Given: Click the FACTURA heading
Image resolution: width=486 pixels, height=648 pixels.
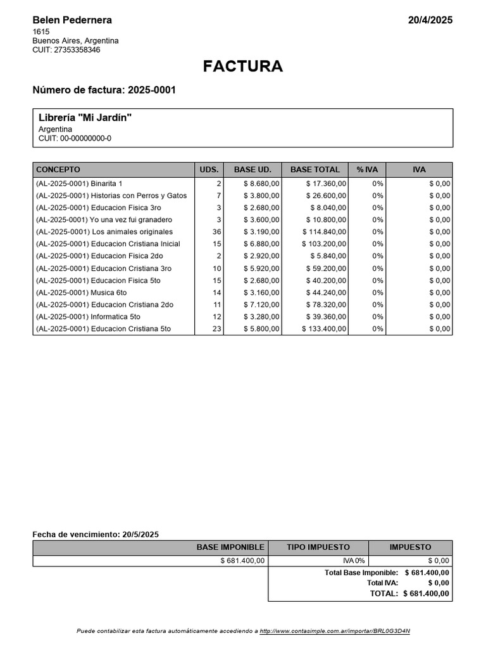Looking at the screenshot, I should pyautogui.click(x=243, y=66).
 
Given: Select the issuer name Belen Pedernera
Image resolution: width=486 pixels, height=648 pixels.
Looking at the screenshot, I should pyautogui.click(x=72, y=20).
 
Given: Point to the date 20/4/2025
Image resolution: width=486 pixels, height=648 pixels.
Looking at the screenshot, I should pyautogui.click(x=430, y=20).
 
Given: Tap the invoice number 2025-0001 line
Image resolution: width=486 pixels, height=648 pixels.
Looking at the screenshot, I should pyautogui.click(x=104, y=90).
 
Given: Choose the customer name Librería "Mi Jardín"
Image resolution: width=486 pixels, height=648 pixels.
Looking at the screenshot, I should pyautogui.click(x=85, y=118).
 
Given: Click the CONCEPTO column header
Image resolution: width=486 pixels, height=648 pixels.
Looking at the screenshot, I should pyautogui.click(x=58, y=170).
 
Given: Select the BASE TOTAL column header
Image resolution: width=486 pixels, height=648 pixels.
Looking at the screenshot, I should pyautogui.click(x=315, y=170).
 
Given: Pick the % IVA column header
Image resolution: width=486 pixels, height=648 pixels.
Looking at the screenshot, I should pyautogui.click(x=367, y=170).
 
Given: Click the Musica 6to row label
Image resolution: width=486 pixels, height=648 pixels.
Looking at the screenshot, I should pyautogui.click(x=82, y=292).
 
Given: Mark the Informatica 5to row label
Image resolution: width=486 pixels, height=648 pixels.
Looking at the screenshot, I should pyautogui.click(x=88, y=316).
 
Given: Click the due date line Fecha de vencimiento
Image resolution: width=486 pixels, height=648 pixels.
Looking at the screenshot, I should pyautogui.click(x=96, y=535).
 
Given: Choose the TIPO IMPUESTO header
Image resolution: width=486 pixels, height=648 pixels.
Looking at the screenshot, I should pyautogui.click(x=318, y=547).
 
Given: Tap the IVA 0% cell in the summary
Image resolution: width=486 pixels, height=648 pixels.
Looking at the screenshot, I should pyautogui.click(x=353, y=561).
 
